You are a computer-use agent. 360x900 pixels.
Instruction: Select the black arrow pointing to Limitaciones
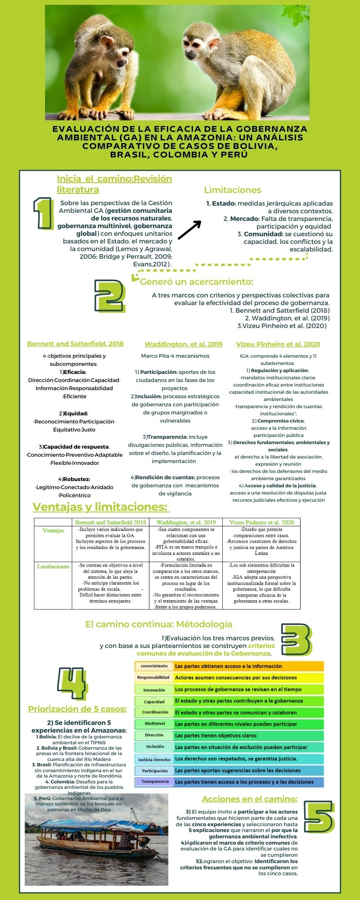[x=189, y=230]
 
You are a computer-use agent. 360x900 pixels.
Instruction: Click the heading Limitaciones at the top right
[x=232, y=190]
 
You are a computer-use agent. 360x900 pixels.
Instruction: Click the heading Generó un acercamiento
[x=196, y=282]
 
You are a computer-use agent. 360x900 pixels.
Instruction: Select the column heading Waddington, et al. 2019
[x=183, y=344]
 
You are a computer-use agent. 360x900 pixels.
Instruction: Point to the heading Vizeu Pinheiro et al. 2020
[x=278, y=344]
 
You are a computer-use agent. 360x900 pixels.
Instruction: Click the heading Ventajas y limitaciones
[x=100, y=507]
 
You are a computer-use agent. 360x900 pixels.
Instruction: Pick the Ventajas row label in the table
[x=53, y=531]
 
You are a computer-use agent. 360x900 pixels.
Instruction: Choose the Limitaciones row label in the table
[x=53, y=567]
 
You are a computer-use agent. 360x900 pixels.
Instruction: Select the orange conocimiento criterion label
[x=154, y=666]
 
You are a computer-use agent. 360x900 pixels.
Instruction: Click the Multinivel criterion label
[x=154, y=724]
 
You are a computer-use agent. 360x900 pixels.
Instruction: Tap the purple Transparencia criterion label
[x=154, y=782]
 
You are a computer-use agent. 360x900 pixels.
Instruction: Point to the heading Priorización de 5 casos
[x=77, y=709]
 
